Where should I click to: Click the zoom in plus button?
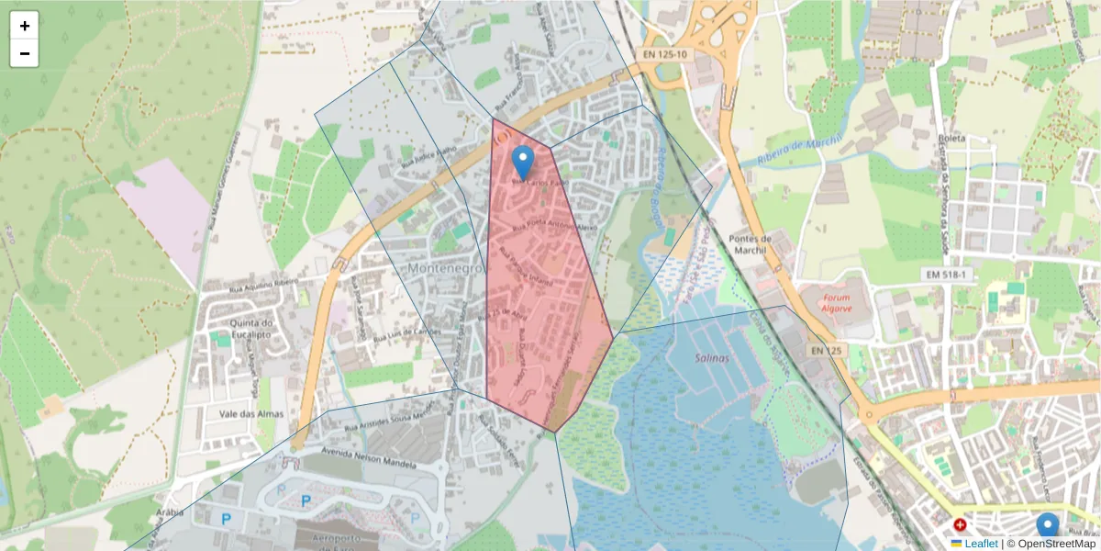(25, 26)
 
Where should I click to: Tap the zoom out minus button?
(25, 53)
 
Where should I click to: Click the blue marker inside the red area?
(522, 162)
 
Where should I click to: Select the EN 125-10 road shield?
(664, 55)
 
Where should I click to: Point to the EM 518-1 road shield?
(946, 275)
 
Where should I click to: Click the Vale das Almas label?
(243, 413)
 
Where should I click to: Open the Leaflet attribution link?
(981, 544)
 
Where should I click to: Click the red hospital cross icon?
(961, 525)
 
